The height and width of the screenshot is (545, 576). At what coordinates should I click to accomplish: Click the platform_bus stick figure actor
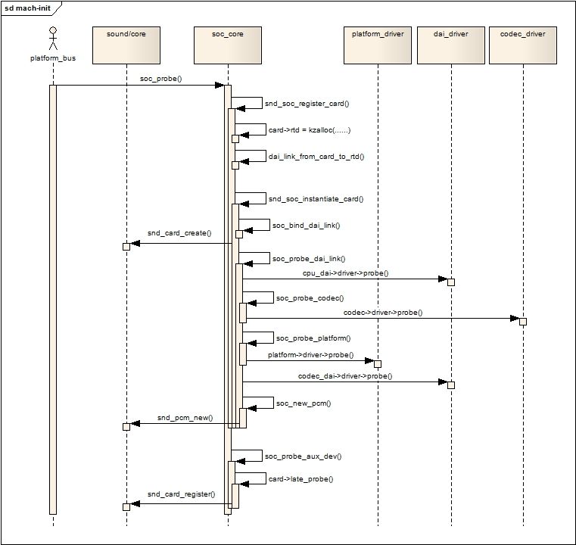point(53,38)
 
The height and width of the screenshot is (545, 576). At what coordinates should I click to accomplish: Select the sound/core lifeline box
point(126,45)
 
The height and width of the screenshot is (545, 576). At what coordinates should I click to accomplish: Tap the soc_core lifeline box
point(228,45)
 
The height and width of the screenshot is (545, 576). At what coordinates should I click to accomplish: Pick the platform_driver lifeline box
point(378,45)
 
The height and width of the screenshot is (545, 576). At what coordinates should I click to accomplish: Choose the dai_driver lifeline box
point(451,45)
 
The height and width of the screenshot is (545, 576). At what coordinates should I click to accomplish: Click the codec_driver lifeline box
point(523,45)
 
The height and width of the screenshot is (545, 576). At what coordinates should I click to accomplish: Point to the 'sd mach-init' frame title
point(27,8)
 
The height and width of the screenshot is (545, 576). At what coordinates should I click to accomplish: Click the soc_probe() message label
point(161,79)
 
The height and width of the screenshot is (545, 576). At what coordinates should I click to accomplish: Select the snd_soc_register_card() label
point(307,104)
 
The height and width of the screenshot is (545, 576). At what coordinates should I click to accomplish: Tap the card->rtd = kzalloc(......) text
point(310,130)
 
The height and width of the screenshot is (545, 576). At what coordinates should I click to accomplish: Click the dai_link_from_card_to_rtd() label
point(316,157)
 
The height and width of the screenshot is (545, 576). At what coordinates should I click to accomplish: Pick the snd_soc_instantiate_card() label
point(316,198)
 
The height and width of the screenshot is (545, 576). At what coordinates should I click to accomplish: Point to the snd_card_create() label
point(179,233)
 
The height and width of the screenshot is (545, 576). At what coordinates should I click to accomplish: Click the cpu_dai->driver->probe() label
point(346,272)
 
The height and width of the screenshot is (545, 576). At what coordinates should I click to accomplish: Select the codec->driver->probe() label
point(383,313)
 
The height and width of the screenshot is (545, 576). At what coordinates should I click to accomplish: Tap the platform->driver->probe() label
point(311,355)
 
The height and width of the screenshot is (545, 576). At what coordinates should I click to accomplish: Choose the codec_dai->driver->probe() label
point(345,376)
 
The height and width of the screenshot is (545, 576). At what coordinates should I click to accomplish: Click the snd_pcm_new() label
point(185,418)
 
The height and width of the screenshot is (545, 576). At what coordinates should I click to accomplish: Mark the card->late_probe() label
point(300,479)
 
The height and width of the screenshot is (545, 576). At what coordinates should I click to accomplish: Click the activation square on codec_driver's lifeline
point(523,322)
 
